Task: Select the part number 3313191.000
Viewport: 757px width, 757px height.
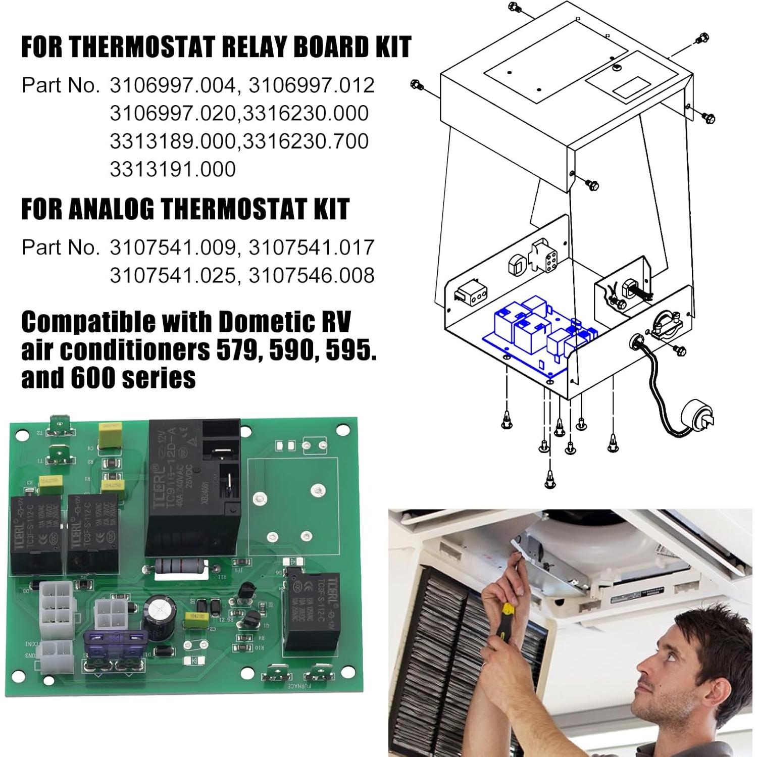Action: coord(173,169)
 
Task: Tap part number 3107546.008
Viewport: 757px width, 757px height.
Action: coord(312,275)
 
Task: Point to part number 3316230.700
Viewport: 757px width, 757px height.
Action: coord(306,141)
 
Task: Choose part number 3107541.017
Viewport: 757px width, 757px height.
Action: coord(312,247)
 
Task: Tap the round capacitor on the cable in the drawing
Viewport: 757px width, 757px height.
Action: coord(697,417)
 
